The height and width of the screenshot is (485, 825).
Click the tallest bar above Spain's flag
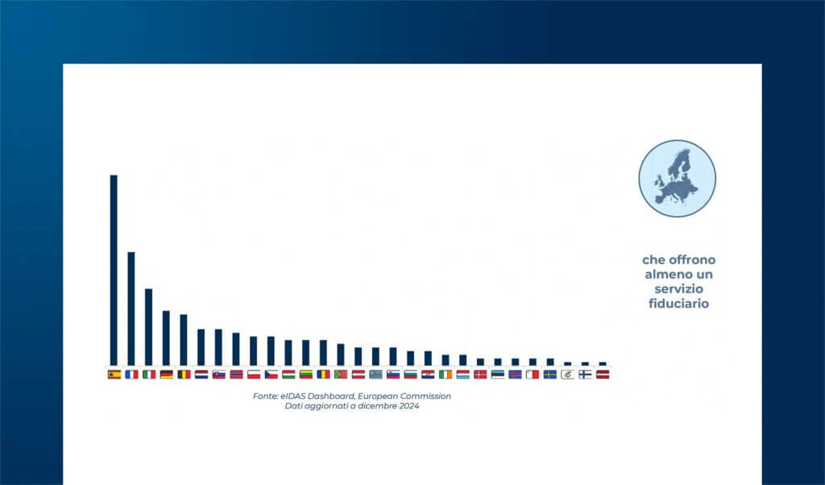click(114, 270)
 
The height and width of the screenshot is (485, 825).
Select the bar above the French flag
click(131, 309)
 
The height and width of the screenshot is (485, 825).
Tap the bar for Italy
click(148, 326)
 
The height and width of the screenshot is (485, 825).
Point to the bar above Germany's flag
click(166, 338)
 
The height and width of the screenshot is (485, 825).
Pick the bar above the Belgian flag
click(183, 340)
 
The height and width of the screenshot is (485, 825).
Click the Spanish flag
click(114, 375)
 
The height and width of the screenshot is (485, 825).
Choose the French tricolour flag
click(131, 375)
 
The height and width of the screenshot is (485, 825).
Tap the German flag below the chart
click(166, 375)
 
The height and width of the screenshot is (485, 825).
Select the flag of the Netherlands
click(201, 375)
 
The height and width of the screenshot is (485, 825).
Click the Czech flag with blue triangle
click(271, 375)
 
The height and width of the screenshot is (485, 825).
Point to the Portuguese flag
click(341, 375)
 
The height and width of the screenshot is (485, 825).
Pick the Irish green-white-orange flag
click(445, 375)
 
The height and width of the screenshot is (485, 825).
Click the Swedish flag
click(549, 375)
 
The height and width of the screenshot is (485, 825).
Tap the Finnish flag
click(585, 375)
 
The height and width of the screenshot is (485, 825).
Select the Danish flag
click(480, 375)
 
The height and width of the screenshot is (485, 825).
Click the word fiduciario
click(678, 304)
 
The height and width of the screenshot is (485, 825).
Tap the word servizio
click(678, 288)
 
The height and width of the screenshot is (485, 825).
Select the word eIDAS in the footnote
click(293, 396)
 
